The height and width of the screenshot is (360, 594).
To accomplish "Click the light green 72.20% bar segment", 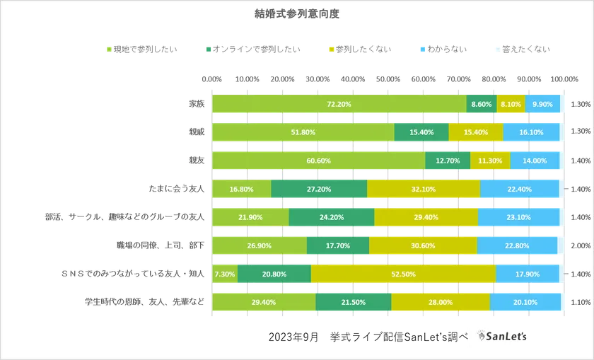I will (339, 104).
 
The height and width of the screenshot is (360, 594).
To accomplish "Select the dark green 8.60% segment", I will (481, 104).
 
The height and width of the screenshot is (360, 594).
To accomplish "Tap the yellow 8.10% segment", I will (511, 104).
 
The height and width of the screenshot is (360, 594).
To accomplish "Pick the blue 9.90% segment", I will (542, 104).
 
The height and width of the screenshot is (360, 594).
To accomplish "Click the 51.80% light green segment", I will (303, 132).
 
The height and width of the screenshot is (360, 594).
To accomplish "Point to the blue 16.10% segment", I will (531, 132).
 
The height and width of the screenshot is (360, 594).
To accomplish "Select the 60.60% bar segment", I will (318, 161).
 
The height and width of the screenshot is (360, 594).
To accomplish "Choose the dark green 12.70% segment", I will (448, 161).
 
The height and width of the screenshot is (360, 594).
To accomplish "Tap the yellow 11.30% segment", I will (489, 161).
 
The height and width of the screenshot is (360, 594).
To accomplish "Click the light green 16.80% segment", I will (241, 189).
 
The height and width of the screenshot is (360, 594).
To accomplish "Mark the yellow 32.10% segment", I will (423, 189).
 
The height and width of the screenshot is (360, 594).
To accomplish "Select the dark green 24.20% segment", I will (331, 217).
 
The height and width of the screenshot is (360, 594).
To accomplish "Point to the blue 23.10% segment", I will (518, 217).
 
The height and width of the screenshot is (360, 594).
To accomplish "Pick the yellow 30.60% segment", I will (422, 245).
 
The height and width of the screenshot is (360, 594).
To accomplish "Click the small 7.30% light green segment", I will (224, 274).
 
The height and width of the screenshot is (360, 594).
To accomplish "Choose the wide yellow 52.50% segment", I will (403, 274).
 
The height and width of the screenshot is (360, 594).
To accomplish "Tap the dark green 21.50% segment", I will (353, 302).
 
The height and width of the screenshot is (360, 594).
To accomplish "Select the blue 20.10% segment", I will (524, 302).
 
